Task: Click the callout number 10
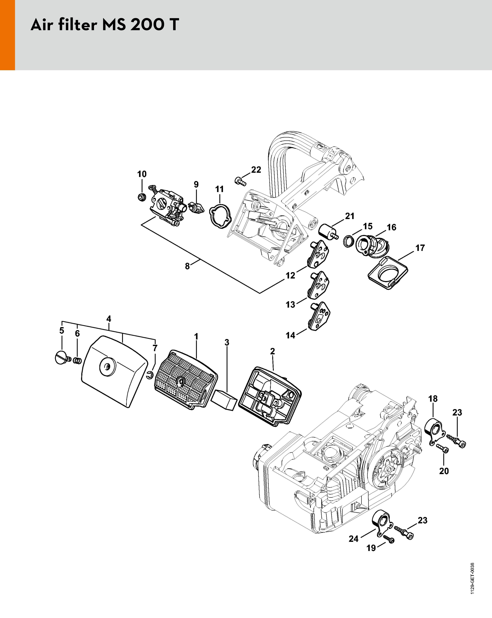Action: click(142, 174)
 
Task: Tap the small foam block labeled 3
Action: click(224, 399)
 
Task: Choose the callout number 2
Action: click(272, 351)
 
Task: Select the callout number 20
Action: click(444, 471)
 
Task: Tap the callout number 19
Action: click(371, 548)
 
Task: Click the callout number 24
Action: click(354, 539)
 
